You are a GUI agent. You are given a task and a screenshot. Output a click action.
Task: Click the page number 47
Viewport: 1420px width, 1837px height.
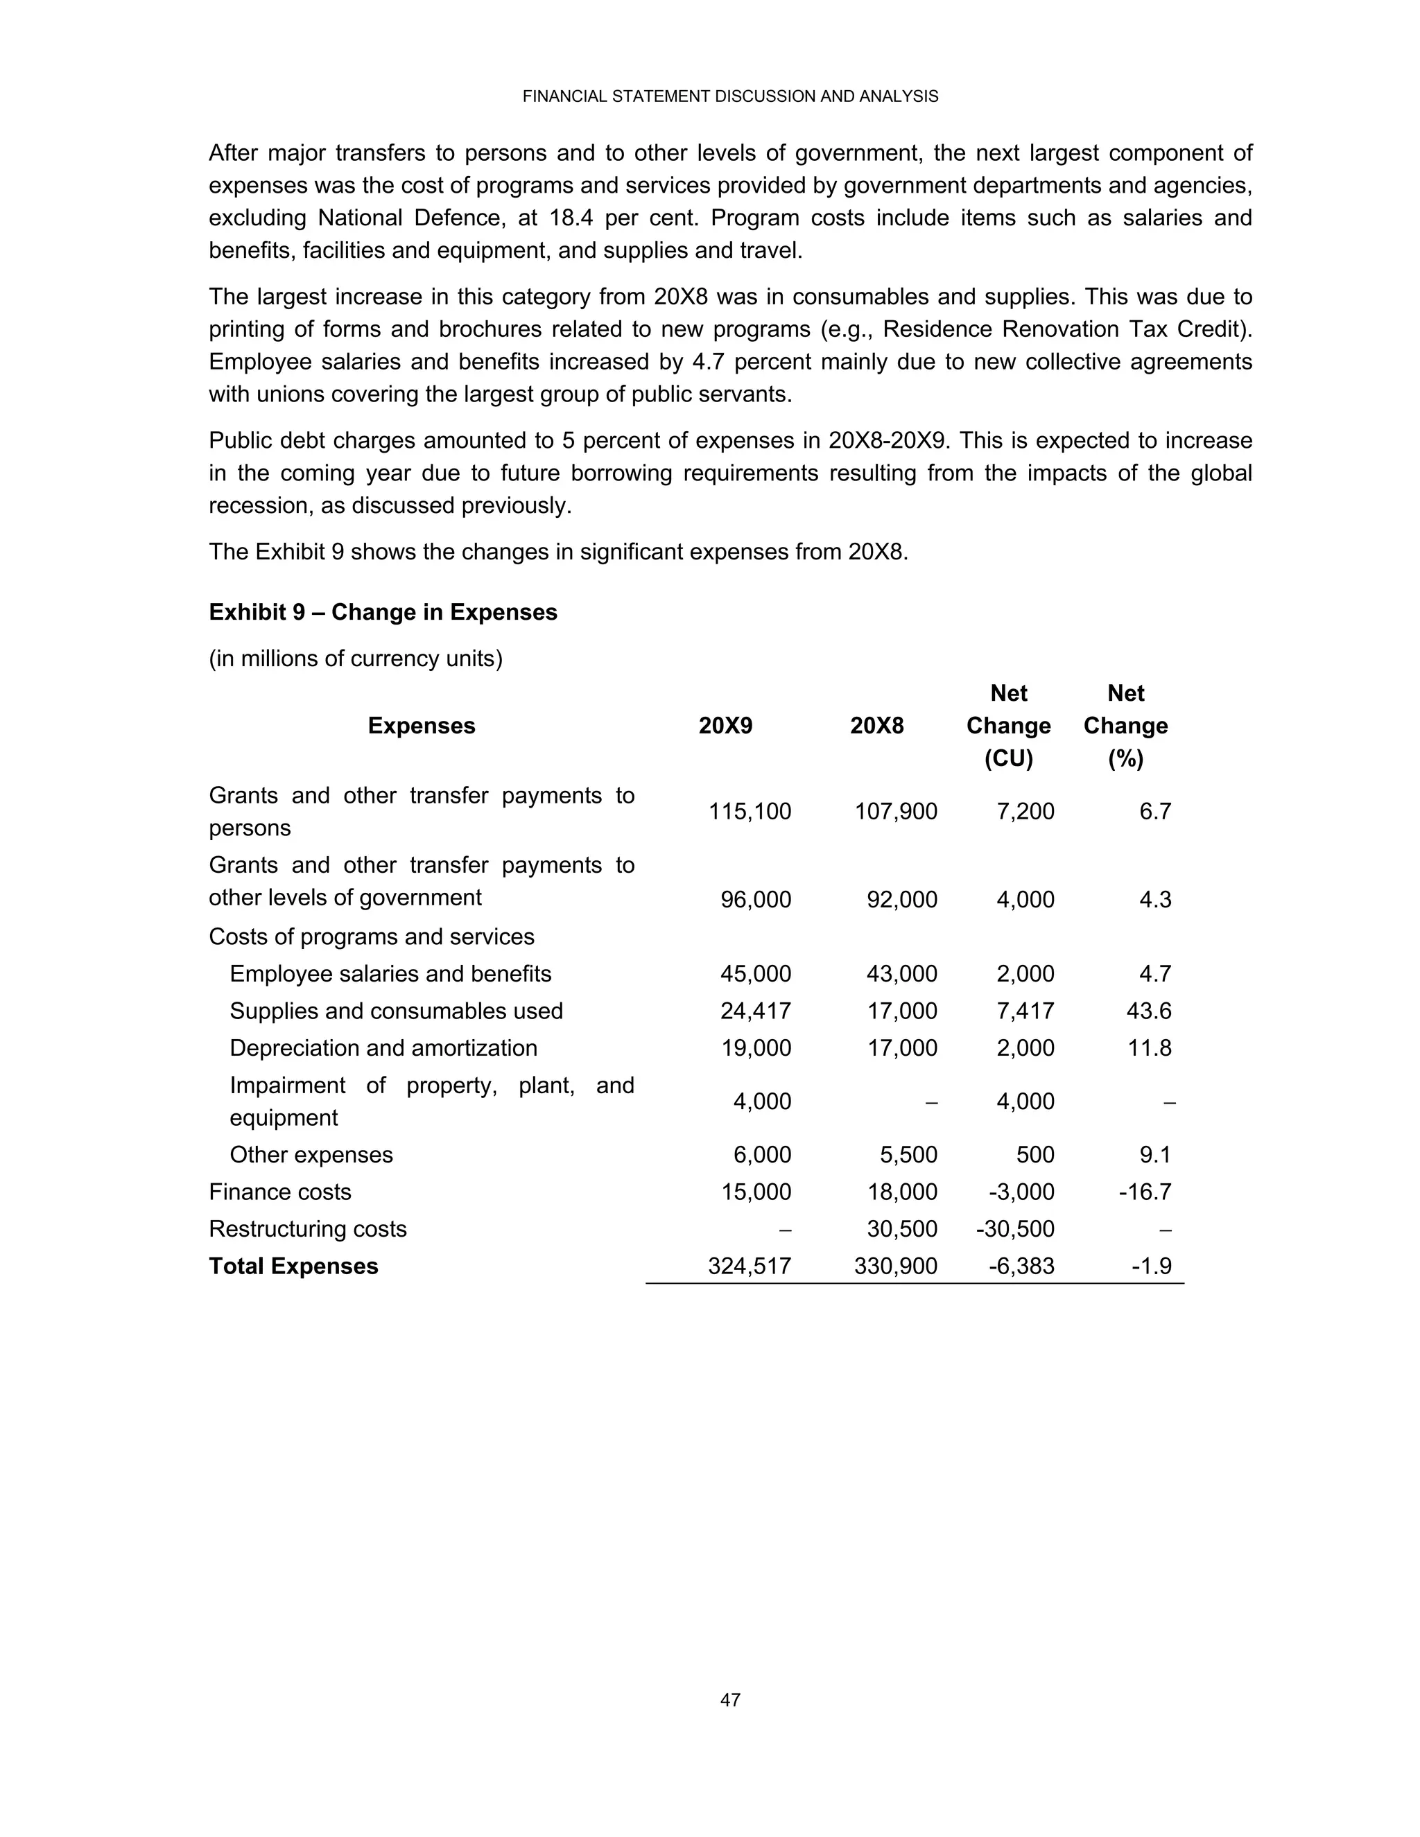click(x=729, y=1700)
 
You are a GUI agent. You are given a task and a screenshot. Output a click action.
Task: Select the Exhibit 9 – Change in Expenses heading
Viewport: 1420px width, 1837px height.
click(x=383, y=612)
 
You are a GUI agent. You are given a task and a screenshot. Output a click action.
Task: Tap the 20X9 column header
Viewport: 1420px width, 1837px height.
click(x=725, y=726)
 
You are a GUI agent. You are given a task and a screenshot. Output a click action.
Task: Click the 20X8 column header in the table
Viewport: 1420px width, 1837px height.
click(x=876, y=726)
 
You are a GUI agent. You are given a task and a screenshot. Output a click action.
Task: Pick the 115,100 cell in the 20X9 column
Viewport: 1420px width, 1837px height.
click(x=750, y=812)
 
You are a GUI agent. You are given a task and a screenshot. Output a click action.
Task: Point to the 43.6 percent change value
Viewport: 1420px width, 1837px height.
click(x=1148, y=1011)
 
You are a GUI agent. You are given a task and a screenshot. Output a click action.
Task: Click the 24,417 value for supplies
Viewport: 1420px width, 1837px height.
click(x=756, y=1011)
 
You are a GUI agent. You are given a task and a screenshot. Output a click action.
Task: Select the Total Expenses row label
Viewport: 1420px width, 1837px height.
click(x=293, y=1266)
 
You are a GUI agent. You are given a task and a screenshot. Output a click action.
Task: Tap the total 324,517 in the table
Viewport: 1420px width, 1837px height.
click(x=750, y=1266)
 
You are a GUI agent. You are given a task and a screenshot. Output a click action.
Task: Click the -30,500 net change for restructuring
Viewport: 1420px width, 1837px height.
click(x=1014, y=1230)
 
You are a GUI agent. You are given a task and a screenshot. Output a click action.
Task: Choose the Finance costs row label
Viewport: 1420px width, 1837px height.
click(x=280, y=1193)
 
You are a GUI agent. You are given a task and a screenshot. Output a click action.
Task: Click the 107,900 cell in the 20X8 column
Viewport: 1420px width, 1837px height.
click(x=896, y=812)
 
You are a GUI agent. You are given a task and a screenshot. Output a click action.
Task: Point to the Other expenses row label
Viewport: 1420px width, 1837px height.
click(x=311, y=1156)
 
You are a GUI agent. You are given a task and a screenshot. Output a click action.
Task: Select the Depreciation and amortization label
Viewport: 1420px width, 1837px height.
click(x=383, y=1048)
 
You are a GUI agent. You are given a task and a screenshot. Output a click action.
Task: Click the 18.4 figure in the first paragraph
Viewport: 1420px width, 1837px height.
click(x=571, y=218)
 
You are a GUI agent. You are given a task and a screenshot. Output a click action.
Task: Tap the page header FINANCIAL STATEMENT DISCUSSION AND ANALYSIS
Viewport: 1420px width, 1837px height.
click(x=729, y=97)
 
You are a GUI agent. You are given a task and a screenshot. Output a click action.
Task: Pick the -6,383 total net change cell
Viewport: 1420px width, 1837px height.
click(x=1021, y=1266)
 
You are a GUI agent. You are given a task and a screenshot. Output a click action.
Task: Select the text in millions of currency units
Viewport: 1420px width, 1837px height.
click(x=355, y=659)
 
